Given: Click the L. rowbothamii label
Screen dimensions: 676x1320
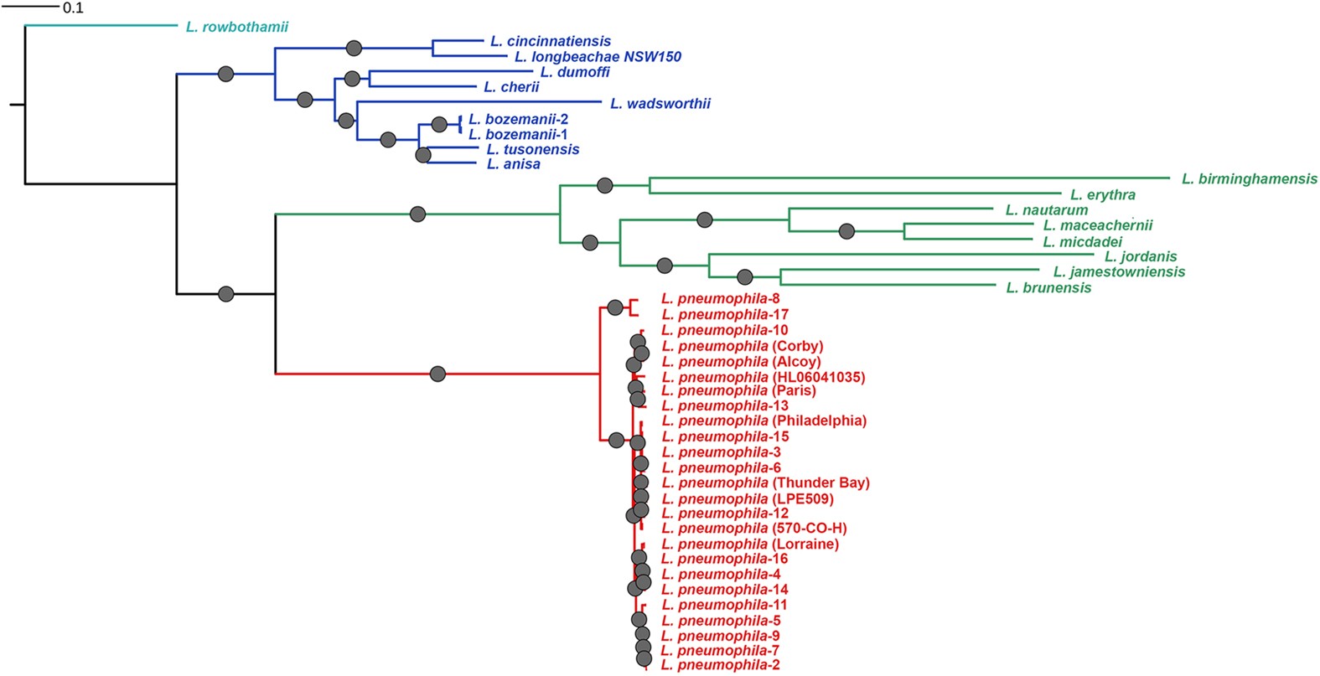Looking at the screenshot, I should pyautogui.click(x=236, y=27).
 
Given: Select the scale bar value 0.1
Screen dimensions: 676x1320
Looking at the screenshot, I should pyautogui.click(x=73, y=8).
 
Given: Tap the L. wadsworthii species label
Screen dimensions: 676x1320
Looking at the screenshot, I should pyautogui.click(x=660, y=104).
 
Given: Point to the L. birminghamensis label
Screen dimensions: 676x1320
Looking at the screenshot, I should pyautogui.click(x=1249, y=178).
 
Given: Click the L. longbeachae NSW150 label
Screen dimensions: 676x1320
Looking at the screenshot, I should pyautogui.click(x=598, y=57).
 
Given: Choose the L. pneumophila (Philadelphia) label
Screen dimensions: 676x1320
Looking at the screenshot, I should pyautogui.click(x=764, y=421).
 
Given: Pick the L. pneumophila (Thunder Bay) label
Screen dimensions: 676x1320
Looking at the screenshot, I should pyautogui.click(x=765, y=482).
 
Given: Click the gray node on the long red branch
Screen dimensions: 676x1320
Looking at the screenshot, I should pyautogui.click(x=437, y=374).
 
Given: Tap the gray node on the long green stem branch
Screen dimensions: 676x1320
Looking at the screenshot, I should pyautogui.click(x=417, y=214).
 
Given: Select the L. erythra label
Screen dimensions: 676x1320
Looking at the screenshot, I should pyautogui.click(x=1102, y=194).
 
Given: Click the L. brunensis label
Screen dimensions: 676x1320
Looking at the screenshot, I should pyautogui.click(x=1048, y=287).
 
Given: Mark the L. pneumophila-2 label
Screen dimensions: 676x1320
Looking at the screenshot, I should pyautogui.click(x=720, y=665).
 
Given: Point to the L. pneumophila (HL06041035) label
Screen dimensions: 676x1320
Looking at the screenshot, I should pyautogui.click(x=763, y=377).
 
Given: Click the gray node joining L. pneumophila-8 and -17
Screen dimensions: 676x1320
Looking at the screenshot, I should pyautogui.click(x=615, y=307).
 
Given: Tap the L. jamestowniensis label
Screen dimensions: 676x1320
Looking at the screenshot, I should pyautogui.click(x=1119, y=271).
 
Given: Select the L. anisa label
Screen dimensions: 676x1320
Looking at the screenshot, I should pyautogui.click(x=513, y=164).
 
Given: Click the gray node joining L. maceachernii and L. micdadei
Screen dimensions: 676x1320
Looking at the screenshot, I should pyautogui.click(x=846, y=230).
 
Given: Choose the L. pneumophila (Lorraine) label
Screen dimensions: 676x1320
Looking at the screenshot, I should pyautogui.click(x=749, y=544).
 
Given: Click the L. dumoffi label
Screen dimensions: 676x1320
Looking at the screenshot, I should pyautogui.click(x=574, y=72).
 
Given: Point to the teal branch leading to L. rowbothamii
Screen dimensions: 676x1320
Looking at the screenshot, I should pyautogui.click(x=101, y=26).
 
